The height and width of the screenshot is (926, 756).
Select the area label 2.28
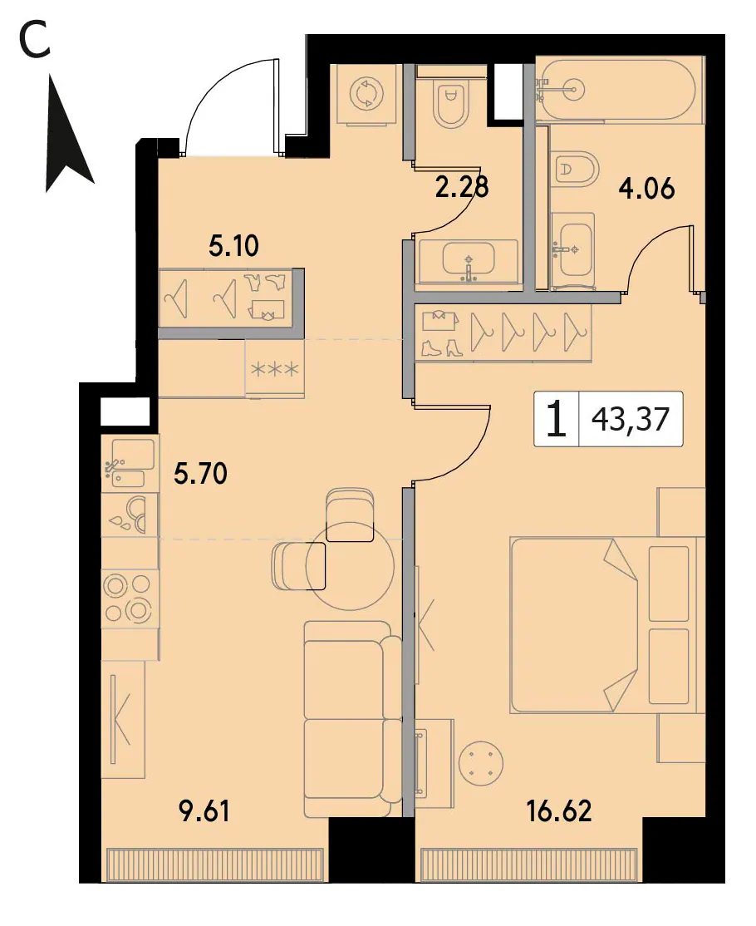coord(463,187)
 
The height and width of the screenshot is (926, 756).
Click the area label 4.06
coord(646,189)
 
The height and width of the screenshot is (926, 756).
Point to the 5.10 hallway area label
coord(233,245)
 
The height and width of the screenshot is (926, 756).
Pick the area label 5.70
coord(201,473)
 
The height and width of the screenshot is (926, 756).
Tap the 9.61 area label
coord(204,810)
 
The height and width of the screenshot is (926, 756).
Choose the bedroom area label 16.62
coord(559,810)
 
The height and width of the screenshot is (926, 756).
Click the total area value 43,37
coord(631,419)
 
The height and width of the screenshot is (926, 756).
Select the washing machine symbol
coord(367,94)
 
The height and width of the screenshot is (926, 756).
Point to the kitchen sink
coord(130,464)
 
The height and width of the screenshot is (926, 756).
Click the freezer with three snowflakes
coord(274,370)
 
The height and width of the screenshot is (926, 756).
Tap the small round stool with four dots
coord(481,761)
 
